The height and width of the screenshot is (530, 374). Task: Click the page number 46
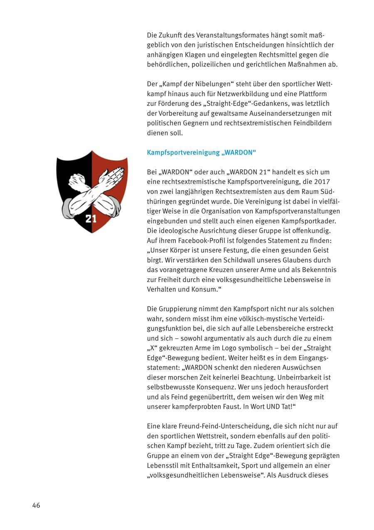pyautogui.click(x=36, y=505)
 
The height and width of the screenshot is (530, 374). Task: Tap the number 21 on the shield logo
pyautogui.click(x=91, y=218)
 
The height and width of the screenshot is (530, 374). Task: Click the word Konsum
pyautogui.click(x=204, y=290)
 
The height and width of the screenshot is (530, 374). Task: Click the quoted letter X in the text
pyautogui.click(x=151, y=348)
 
